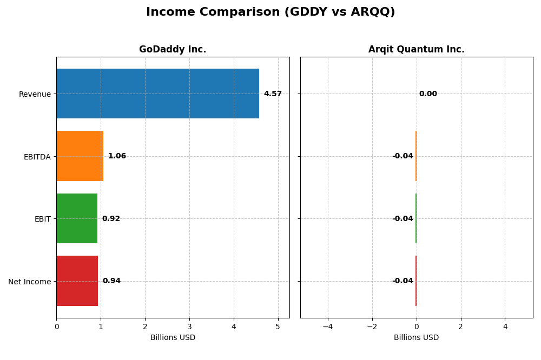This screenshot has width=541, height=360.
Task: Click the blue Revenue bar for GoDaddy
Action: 157,94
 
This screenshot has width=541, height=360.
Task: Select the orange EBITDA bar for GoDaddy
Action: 80,156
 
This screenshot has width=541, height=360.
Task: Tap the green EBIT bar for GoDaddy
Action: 77,218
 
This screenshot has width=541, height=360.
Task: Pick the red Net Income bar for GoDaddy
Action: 77,281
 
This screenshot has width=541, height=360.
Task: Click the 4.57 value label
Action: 273,94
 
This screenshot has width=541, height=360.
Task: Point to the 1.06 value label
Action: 117,156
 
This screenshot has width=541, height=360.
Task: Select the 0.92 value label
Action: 111,219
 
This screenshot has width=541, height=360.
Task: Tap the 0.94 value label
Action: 111,281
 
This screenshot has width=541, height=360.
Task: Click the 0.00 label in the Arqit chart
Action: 428,94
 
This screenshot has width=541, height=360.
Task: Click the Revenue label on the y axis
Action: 35,95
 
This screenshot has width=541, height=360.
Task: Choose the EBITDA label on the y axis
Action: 37,157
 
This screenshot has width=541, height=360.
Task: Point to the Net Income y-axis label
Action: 30,282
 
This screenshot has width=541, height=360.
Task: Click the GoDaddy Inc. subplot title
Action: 173,50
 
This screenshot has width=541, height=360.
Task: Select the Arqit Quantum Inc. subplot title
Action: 416,50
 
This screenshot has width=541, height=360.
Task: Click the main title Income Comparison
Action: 270,12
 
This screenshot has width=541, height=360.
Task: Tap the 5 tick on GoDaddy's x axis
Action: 278,326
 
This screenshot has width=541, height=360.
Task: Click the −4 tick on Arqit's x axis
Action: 327,326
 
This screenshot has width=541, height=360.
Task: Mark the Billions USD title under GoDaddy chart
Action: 173,338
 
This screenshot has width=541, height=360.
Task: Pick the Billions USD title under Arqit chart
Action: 416,338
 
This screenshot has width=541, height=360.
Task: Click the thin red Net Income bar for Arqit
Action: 416,281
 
